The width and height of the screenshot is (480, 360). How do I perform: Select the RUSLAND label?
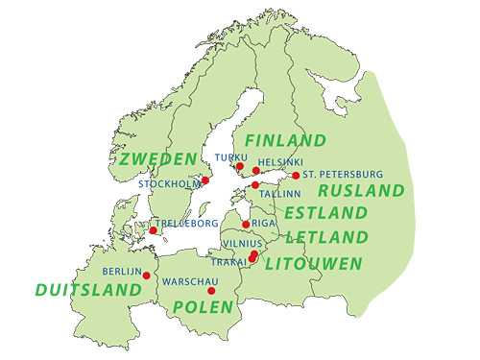point(361,190)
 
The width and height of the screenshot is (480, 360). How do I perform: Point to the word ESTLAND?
point(325,212)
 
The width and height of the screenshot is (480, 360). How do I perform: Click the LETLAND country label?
point(326,236)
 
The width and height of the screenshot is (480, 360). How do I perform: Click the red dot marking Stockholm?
point(204,180)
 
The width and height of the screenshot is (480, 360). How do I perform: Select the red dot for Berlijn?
point(146,275)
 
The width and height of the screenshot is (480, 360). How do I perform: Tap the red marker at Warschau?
point(211,290)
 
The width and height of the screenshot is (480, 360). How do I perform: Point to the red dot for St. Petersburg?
point(296,176)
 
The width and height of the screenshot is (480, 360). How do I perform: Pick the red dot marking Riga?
point(246,225)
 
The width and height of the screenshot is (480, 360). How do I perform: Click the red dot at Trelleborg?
point(152,230)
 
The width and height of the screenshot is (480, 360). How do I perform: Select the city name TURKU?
point(231,156)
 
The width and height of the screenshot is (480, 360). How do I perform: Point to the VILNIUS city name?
point(238,244)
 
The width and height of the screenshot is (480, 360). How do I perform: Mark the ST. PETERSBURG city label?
point(343,175)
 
